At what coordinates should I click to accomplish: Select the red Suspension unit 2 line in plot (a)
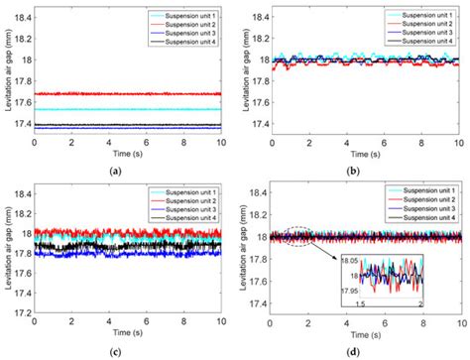(129, 94)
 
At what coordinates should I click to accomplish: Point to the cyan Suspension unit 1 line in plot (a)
(129, 109)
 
